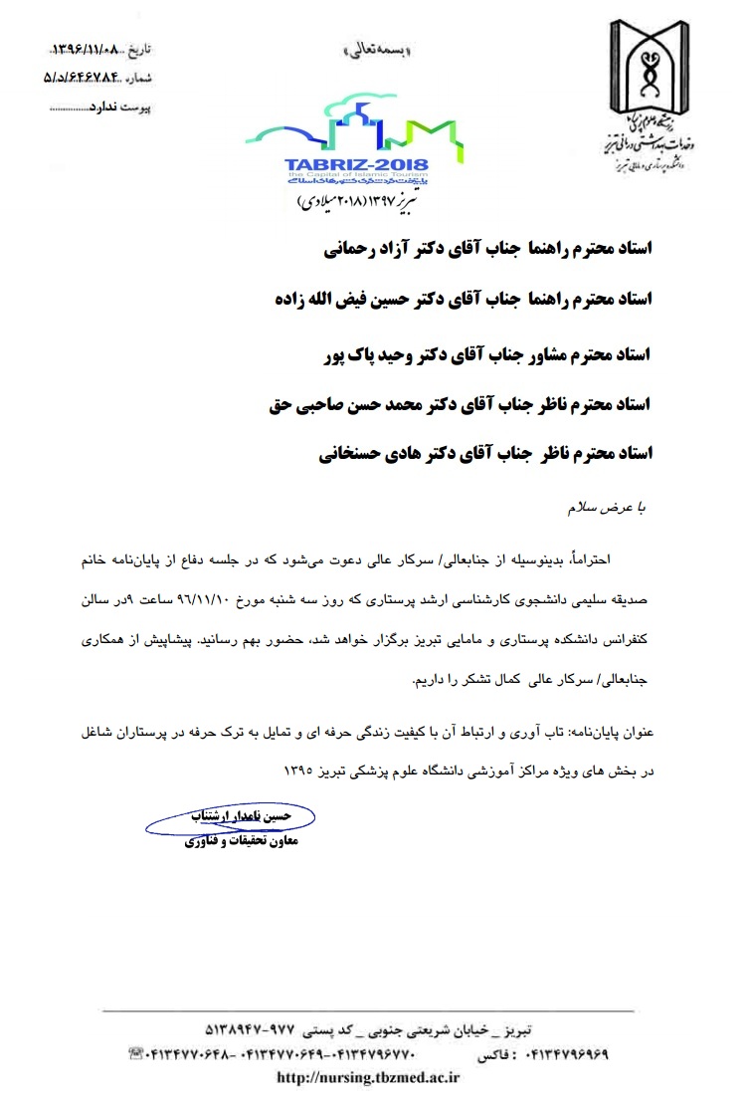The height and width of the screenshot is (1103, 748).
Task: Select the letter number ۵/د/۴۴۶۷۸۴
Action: point(88,74)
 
